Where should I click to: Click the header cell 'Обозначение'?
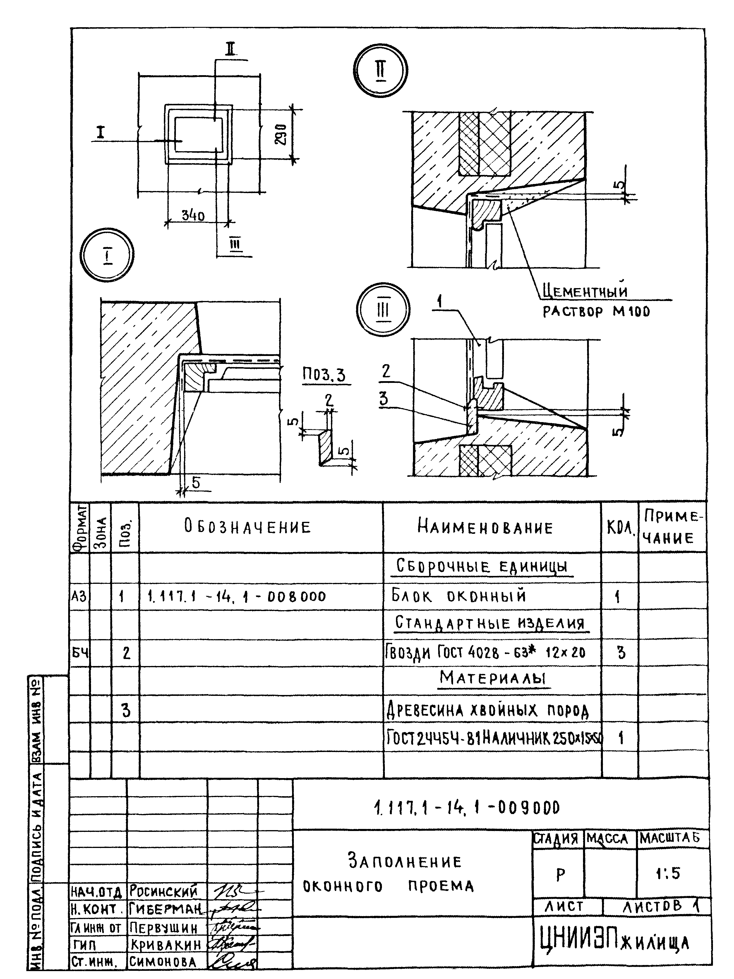coord(248,527)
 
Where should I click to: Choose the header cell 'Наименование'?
coord(485,528)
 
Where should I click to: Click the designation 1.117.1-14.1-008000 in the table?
coord(236,597)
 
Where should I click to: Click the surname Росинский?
coord(163,890)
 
